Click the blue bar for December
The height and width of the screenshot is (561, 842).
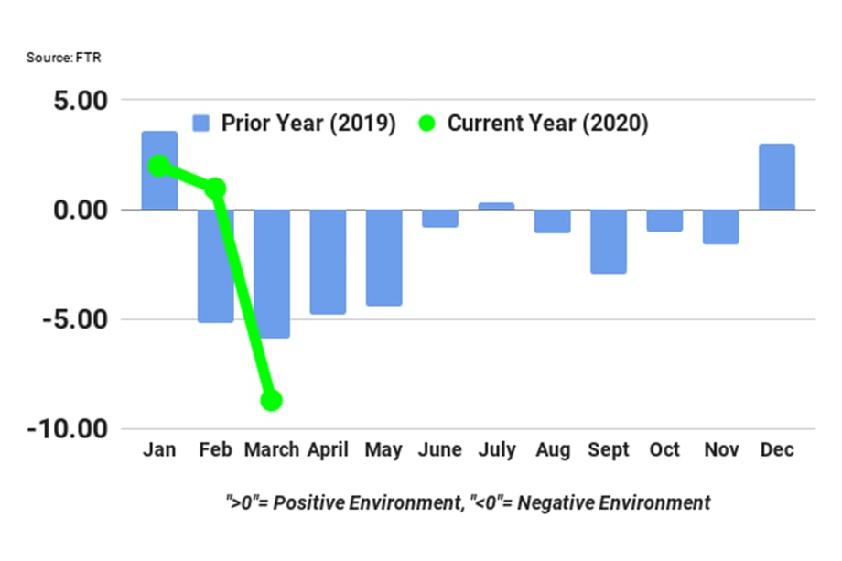click(x=777, y=177)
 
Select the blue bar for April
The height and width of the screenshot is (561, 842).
click(x=328, y=262)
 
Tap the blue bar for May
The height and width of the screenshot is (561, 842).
click(x=383, y=257)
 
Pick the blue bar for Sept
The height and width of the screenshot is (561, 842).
click(x=609, y=242)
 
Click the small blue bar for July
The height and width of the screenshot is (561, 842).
click(x=496, y=206)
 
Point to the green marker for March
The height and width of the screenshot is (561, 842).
click(x=271, y=400)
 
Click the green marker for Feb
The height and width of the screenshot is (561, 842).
click(x=215, y=189)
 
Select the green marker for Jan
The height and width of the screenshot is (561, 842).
click(x=159, y=166)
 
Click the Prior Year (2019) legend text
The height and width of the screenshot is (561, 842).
click(x=308, y=124)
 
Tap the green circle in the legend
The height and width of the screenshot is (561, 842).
click(x=427, y=124)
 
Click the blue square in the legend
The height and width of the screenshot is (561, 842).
click(x=201, y=124)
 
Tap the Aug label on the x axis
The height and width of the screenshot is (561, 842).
click(x=552, y=450)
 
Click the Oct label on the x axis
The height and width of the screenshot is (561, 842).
click(x=664, y=450)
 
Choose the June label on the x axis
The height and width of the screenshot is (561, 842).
click(x=439, y=450)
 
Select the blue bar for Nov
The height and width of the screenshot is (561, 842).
click(x=721, y=227)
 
